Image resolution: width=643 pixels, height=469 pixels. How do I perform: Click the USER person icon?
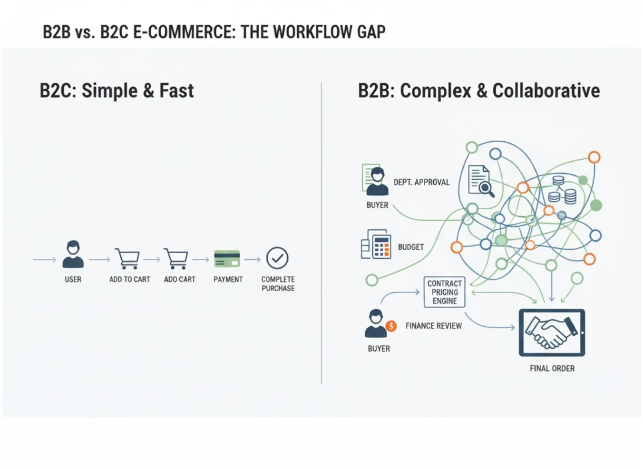(73, 254)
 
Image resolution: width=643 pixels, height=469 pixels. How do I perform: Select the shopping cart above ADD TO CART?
(127, 259)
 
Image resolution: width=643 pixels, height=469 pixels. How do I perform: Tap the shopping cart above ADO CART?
(176, 259)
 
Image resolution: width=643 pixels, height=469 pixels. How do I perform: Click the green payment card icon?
(227, 259)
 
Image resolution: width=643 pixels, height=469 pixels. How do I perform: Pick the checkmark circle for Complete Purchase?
(277, 258)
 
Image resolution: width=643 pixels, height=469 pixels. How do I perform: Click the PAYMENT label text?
(228, 279)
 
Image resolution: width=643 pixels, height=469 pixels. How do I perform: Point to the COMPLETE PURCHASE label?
(278, 283)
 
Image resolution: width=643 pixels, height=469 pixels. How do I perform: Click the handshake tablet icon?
(552, 332)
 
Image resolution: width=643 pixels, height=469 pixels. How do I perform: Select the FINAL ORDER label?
(552, 368)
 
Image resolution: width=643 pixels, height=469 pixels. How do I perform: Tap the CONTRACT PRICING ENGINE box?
(444, 292)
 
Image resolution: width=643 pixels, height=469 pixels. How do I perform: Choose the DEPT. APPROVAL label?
(421, 182)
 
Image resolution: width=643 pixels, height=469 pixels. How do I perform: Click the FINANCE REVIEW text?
(433, 326)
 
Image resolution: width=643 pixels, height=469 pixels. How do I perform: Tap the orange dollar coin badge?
(391, 326)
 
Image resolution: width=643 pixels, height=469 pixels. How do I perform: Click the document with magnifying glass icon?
(481, 181)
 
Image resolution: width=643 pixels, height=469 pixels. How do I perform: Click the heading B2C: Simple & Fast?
(117, 90)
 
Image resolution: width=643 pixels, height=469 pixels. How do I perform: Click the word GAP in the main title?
(369, 32)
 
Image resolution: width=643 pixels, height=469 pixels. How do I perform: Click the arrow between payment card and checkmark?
(253, 259)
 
